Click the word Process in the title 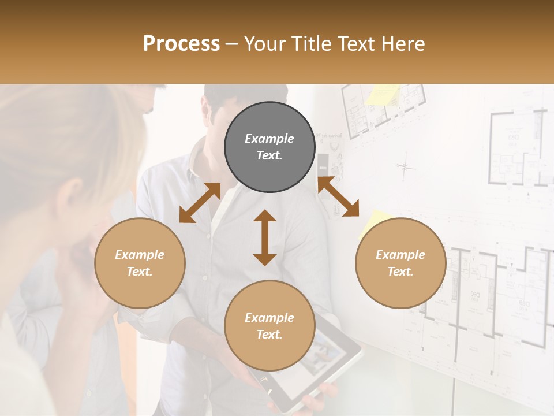click(x=181, y=43)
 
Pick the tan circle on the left click(x=140, y=263)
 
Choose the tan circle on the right click(x=400, y=263)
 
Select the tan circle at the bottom click(x=269, y=326)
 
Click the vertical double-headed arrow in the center click(x=265, y=237)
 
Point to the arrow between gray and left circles click(x=200, y=203)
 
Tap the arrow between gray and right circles click(x=339, y=197)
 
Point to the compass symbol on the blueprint click(x=405, y=168)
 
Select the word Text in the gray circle click(x=269, y=155)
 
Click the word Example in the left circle click(x=140, y=255)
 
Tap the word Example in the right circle click(x=400, y=255)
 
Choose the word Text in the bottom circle click(x=269, y=335)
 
